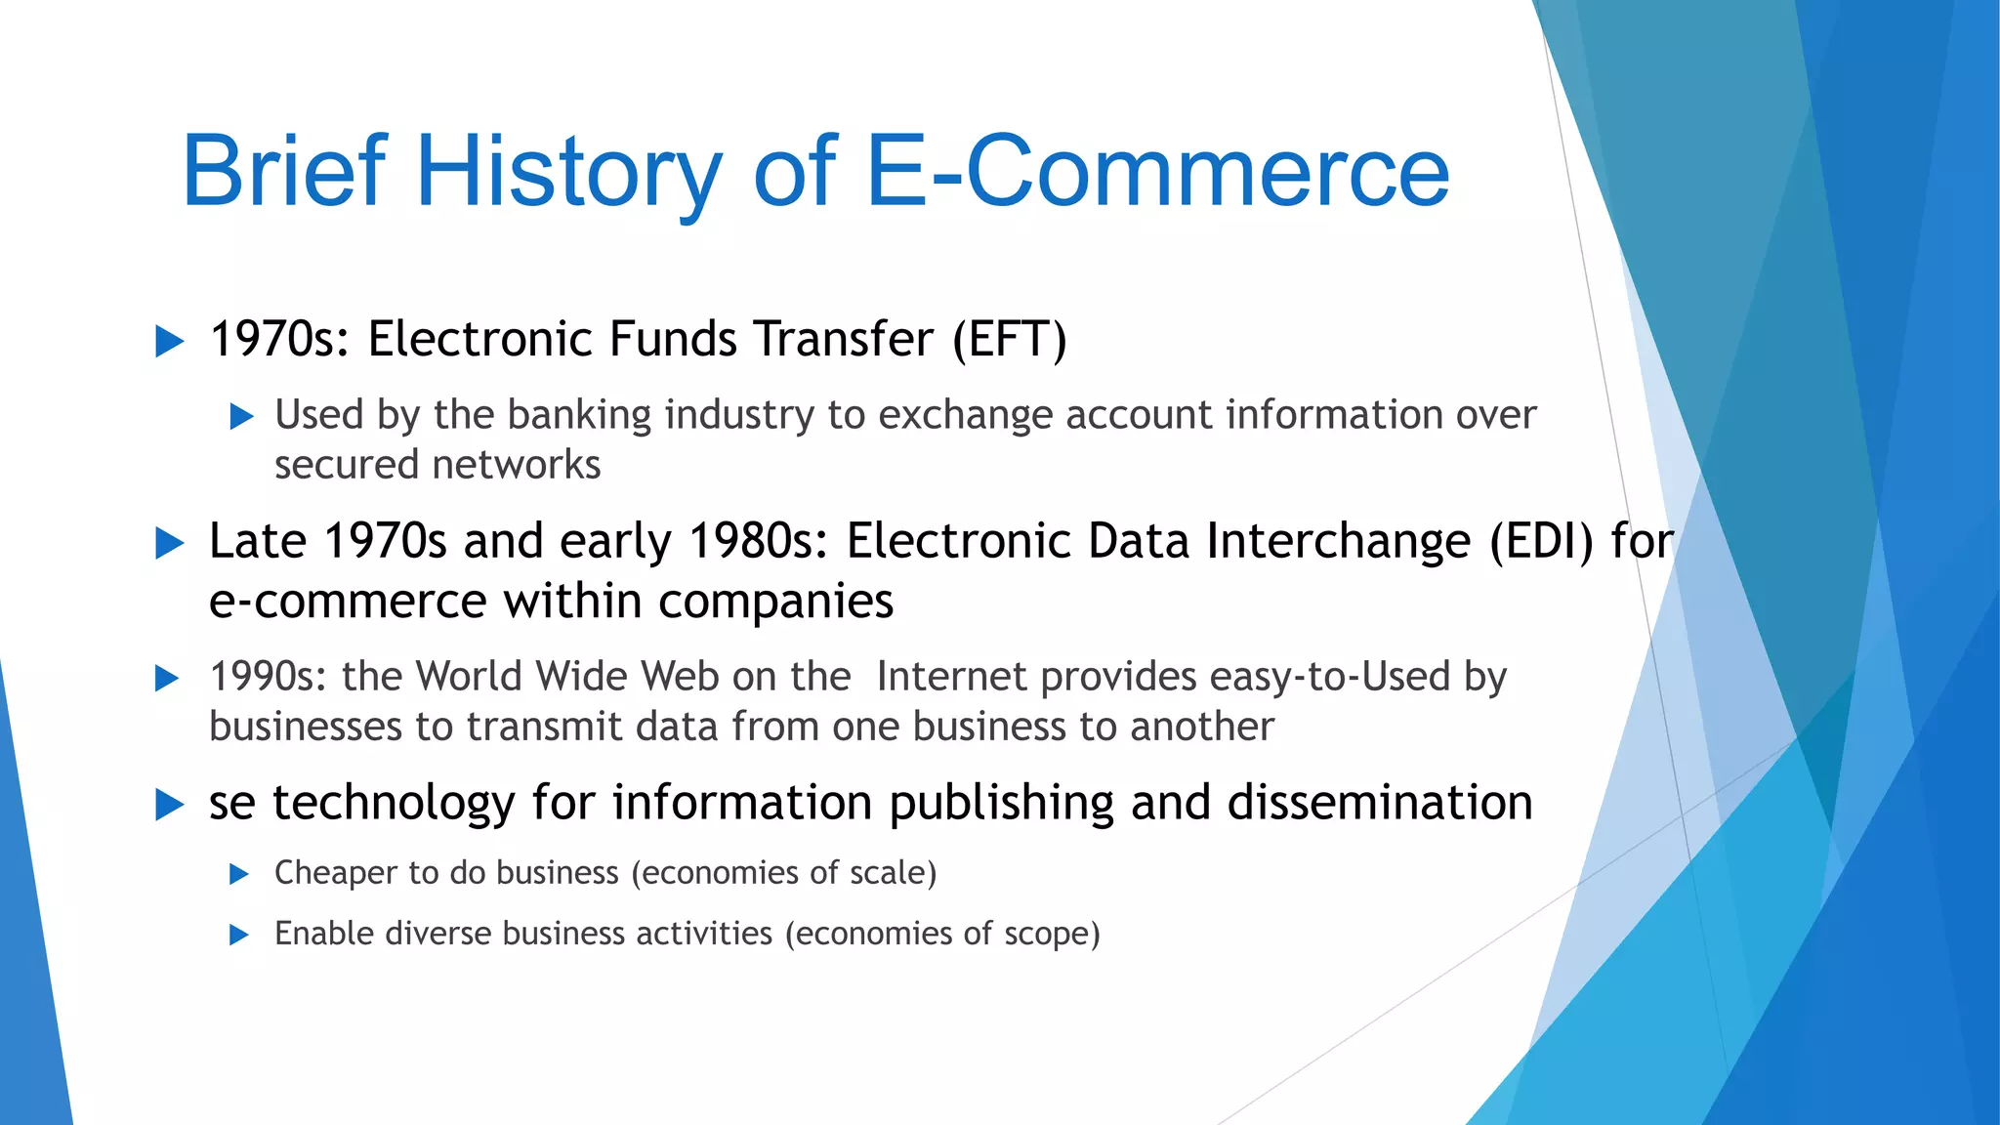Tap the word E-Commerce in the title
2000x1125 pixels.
pos(1157,172)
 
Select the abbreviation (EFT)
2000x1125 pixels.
pos(1010,340)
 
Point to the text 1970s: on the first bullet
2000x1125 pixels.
pos(279,340)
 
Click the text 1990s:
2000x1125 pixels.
pos(269,677)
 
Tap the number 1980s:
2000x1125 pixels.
pos(759,541)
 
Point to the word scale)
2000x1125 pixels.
pos(893,873)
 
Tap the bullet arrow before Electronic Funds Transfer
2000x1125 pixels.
pos(170,342)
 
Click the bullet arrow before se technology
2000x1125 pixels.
pos(170,805)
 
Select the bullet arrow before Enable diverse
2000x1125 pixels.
pos(239,936)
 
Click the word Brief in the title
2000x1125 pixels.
pos(284,172)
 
